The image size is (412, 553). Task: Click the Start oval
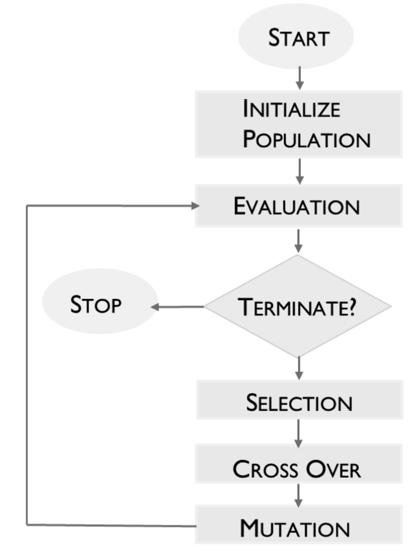(296, 37)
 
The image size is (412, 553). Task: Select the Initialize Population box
(299, 124)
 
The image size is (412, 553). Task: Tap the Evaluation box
(299, 206)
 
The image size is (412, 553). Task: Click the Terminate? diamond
(297, 306)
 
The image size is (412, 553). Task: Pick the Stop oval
(99, 305)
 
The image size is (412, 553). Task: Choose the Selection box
(299, 403)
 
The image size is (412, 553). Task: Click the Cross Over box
(299, 469)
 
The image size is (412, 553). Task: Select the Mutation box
(299, 528)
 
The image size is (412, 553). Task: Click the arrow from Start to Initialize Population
(299, 79)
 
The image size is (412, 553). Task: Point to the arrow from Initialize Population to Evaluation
(299, 171)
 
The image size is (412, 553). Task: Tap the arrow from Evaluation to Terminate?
(299, 240)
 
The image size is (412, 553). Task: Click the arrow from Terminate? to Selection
(299, 368)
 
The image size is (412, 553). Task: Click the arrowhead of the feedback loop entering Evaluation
(195, 206)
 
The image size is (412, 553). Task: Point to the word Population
(306, 140)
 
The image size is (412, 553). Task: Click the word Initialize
(291, 109)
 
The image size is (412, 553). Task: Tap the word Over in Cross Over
(333, 469)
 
